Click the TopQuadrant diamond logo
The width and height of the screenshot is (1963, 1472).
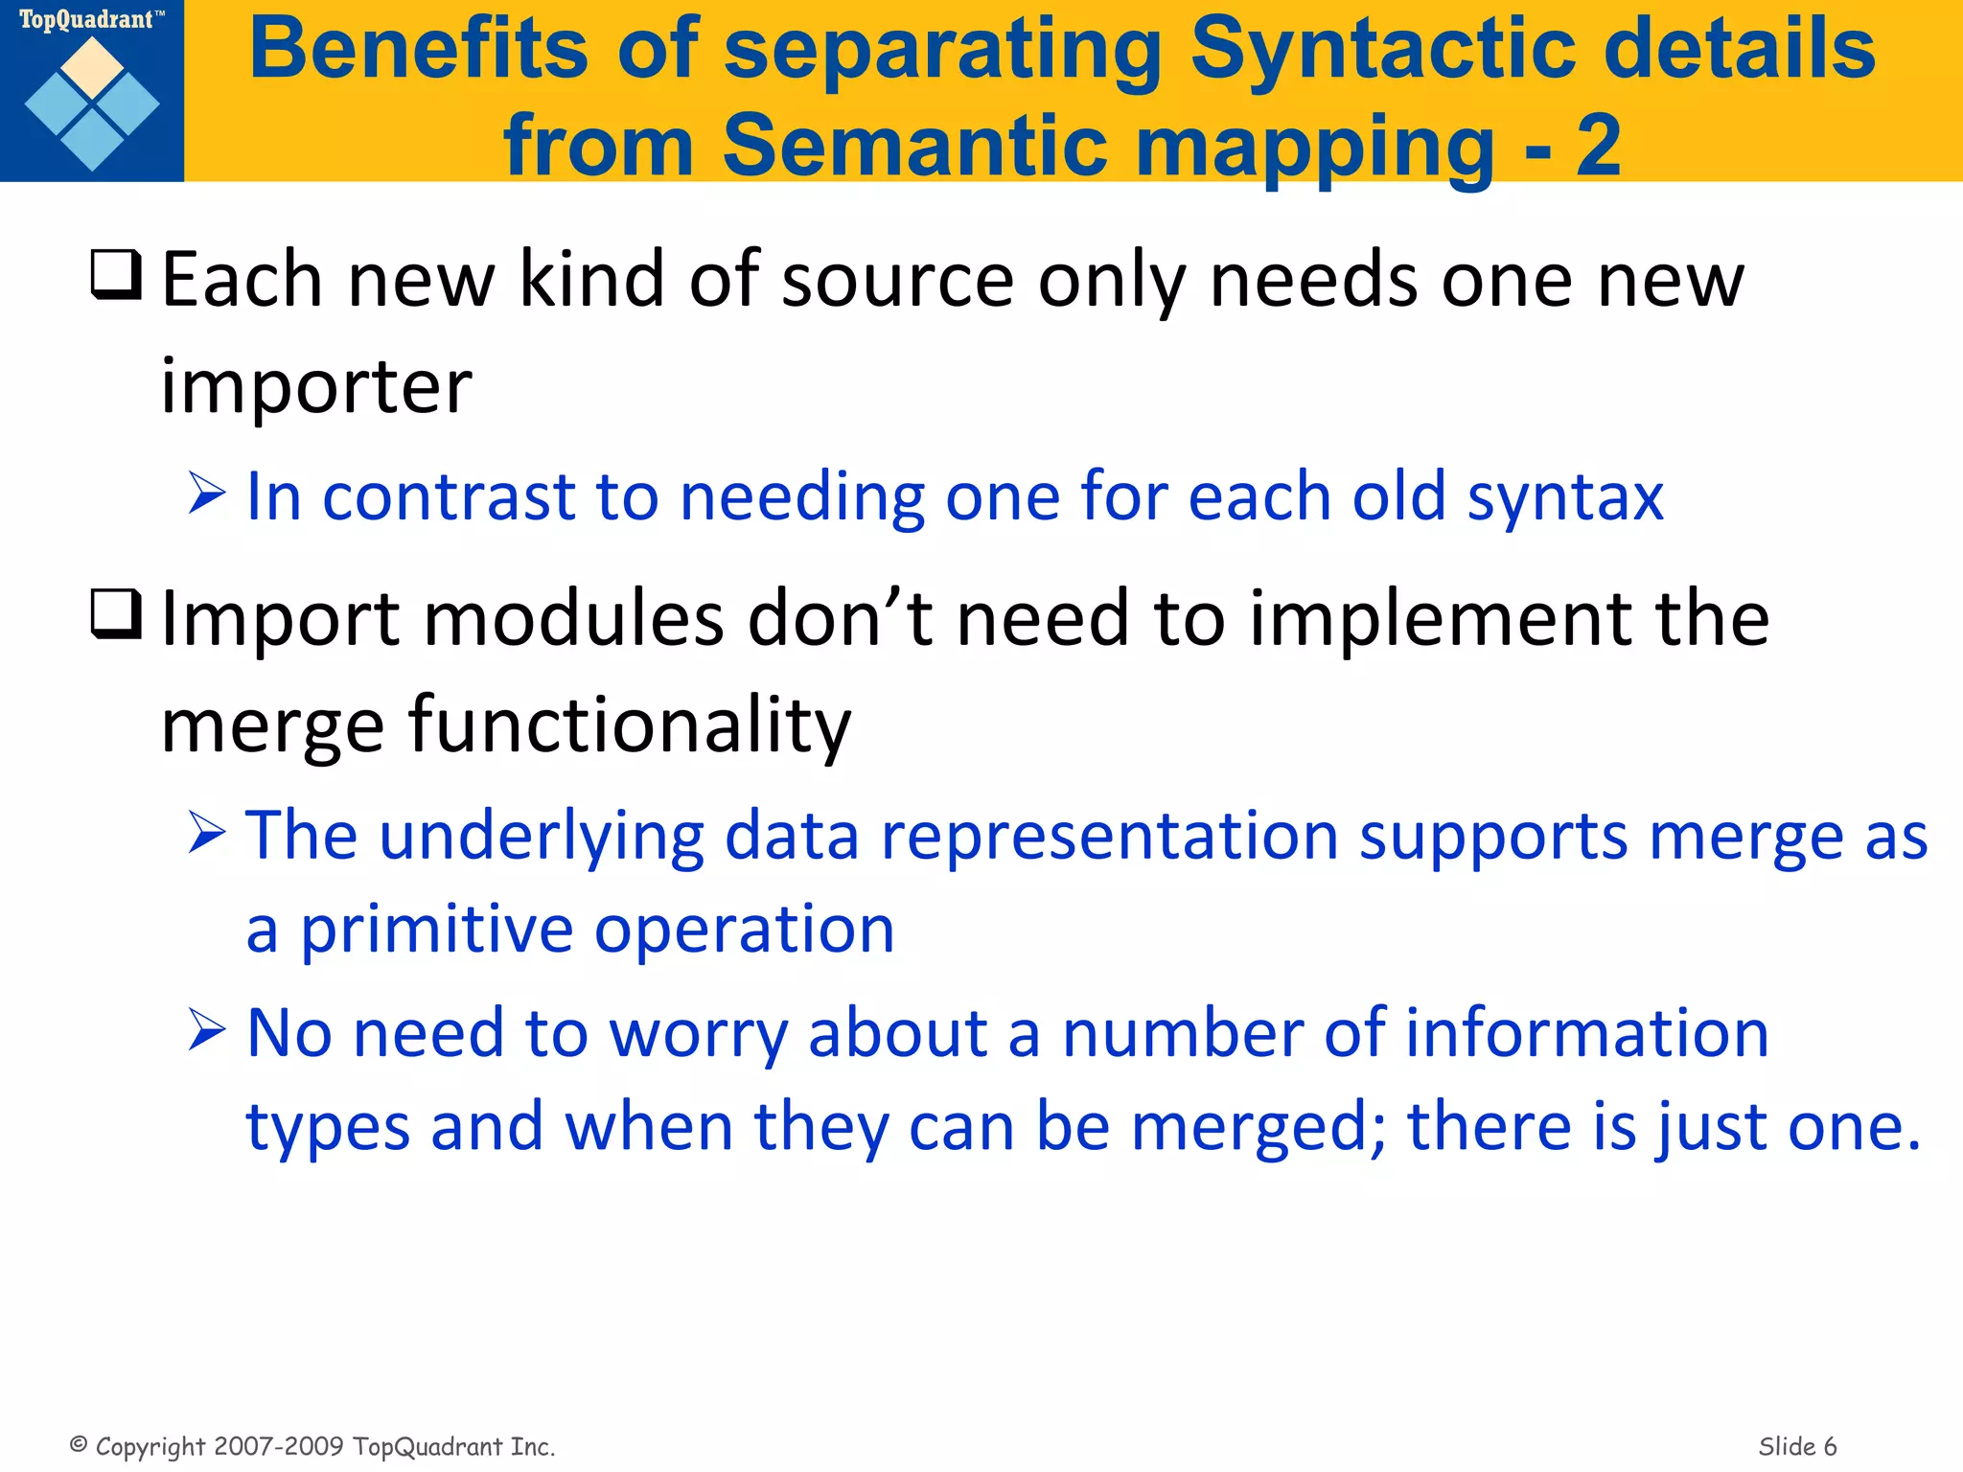[x=92, y=103]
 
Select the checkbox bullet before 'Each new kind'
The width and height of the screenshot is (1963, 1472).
[x=116, y=275]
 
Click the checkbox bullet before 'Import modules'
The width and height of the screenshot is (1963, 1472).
[x=116, y=614]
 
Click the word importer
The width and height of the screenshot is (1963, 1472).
[x=316, y=386]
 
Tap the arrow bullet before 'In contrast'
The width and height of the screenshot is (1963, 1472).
[x=207, y=494]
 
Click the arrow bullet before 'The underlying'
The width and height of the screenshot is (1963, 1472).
[x=207, y=833]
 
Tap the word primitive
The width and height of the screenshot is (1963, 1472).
[x=437, y=930]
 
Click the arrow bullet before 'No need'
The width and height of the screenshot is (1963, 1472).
[x=207, y=1031]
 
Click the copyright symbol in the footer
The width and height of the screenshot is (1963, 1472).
[x=80, y=1444]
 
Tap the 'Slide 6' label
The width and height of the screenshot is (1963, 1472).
[x=1797, y=1446]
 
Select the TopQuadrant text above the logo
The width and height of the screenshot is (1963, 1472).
[x=86, y=20]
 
